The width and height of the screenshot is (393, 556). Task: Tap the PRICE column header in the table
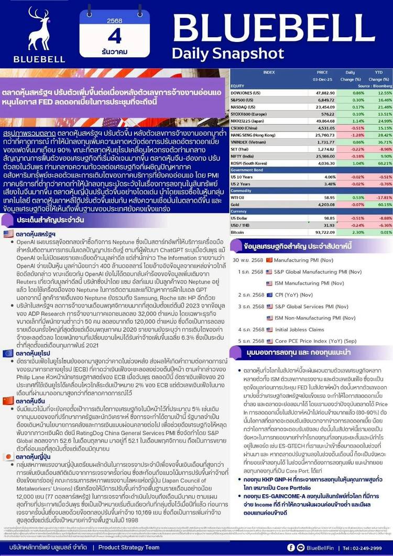(x=322, y=72)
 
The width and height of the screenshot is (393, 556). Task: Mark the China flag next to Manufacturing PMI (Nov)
(x=269, y=259)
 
